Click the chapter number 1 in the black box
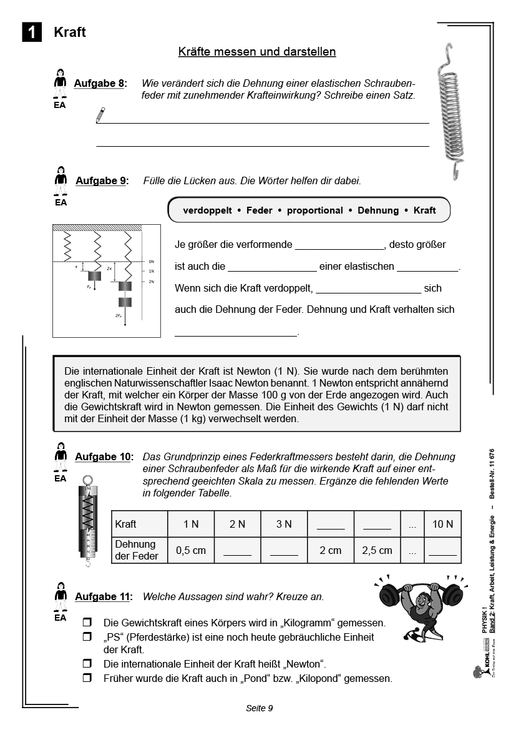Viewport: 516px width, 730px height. (32, 32)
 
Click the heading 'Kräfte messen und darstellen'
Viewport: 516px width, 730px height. (257, 52)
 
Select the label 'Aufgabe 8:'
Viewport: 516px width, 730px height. (100, 83)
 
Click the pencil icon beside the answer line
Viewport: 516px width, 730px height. (100, 114)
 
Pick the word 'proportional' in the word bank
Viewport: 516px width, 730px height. (315, 210)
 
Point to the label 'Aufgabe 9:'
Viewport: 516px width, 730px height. (102, 180)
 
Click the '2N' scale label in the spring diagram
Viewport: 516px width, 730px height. (151, 282)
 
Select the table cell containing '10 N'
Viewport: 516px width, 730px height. (442, 524)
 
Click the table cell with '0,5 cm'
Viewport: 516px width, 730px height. (191, 550)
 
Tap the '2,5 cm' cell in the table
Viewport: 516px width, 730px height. (377, 550)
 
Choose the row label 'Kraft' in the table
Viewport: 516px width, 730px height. (125, 524)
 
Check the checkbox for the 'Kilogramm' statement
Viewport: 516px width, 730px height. (87, 623)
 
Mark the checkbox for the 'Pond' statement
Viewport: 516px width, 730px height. (87, 678)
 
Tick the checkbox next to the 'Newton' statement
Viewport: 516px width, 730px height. (87, 663)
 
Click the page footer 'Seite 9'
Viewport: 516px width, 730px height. (260, 708)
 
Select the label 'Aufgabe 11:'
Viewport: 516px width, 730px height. (104, 596)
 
